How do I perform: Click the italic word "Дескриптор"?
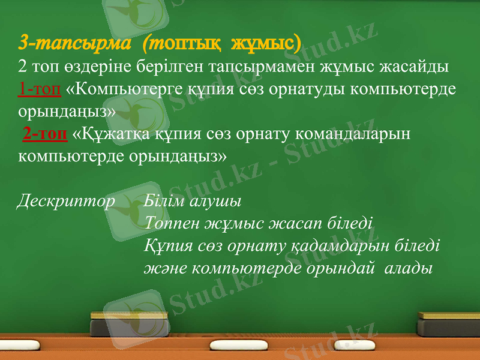coord(65,200)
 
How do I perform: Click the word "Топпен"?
coord(172,224)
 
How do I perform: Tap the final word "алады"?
coord(410,268)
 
